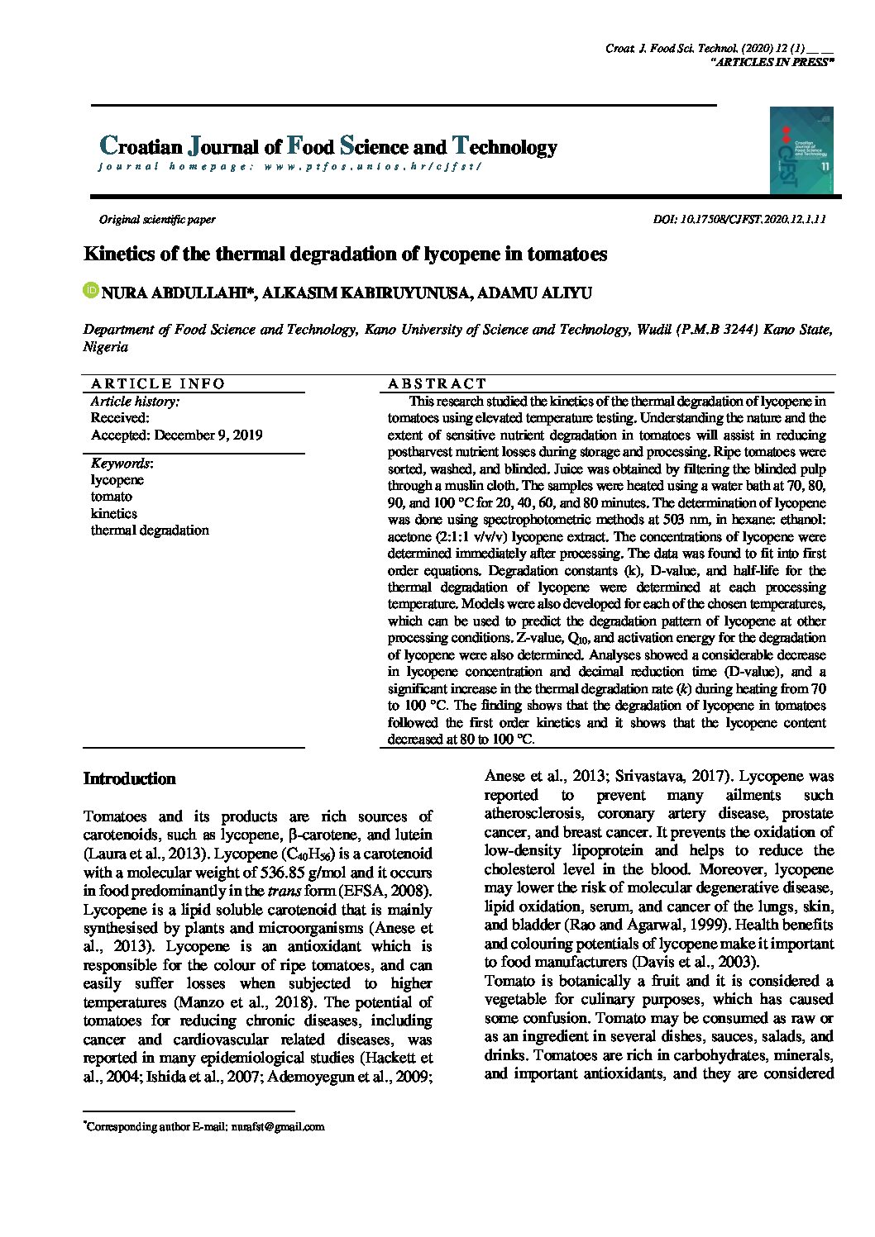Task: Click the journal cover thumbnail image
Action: coord(801,150)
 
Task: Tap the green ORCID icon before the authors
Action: coord(90,291)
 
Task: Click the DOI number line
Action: coord(739,220)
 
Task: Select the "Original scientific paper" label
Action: coord(157,220)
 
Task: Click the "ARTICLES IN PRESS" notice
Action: coord(772,63)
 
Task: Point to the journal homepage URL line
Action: coord(289,166)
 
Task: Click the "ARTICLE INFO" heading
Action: coord(158,383)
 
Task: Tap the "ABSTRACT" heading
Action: coord(437,383)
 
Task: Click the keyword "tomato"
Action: coord(112,497)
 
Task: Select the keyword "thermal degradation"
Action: coord(150,530)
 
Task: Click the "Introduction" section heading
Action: coord(130,779)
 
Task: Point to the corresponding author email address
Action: coord(278,1126)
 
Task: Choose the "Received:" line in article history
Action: coord(120,418)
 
